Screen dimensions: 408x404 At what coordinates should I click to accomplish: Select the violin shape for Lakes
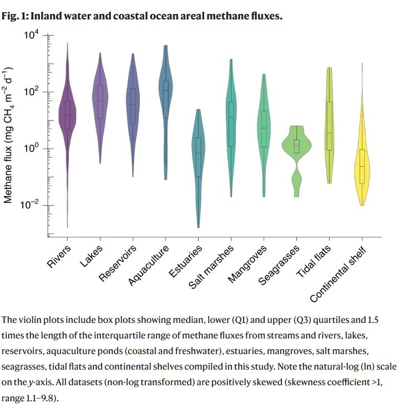tap(100, 100)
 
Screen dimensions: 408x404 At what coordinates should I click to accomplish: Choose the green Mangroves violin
tap(264, 128)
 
